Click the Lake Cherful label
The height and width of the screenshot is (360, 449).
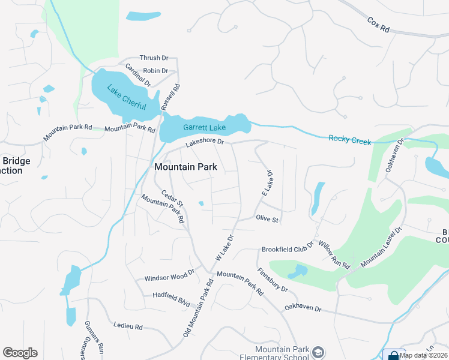click(126, 98)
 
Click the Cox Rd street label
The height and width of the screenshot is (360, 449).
click(379, 25)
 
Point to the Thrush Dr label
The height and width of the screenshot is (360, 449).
click(154, 58)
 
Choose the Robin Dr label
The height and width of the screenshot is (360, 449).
click(155, 71)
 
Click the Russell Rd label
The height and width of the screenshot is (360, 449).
click(176, 96)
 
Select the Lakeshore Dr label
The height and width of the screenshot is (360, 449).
click(204, 142)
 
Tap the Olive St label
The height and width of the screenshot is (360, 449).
click(267, 220)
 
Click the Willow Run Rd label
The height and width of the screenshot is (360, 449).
click(334, 254)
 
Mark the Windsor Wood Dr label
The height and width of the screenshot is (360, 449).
click(170, 275)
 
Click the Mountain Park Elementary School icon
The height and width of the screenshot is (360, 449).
click(318, 352)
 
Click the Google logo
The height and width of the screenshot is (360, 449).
click(20, 353)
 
